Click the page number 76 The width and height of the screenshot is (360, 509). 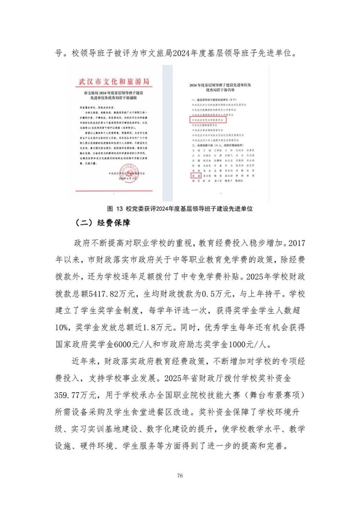[x=180, y=476]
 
